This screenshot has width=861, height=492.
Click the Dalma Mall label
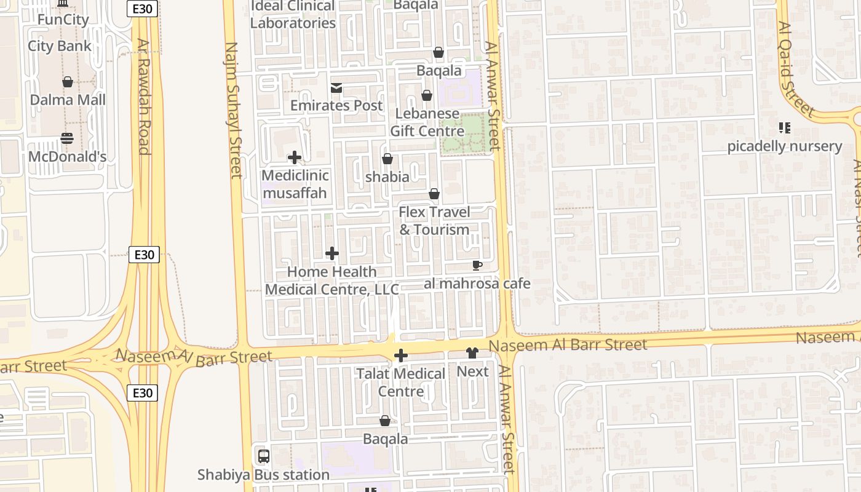click(68, 100)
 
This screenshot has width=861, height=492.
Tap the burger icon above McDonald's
click(68, 138)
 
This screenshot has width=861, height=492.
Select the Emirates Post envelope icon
click(336, 88)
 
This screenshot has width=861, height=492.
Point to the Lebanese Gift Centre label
click(427, 122)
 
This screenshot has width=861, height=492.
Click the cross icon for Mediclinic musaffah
click(295, 157)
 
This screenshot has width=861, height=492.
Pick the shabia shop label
click(387, 177)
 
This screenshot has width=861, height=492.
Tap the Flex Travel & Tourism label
click(434, 221)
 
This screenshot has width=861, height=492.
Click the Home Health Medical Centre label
click(332, 280)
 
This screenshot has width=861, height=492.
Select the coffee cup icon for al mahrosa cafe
click(477, 266)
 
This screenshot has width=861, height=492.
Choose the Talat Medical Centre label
click(401, 383)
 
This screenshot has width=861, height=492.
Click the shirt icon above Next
click(472, 353)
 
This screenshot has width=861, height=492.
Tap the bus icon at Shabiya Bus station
click(264, 456)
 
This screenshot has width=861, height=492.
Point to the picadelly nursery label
click(784, 146)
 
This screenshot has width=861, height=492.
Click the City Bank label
click(60, 46)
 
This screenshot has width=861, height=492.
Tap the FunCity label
click(63, 20)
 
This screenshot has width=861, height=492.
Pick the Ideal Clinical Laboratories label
click(293, 15)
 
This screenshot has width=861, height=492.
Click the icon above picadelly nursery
click(784, 128)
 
